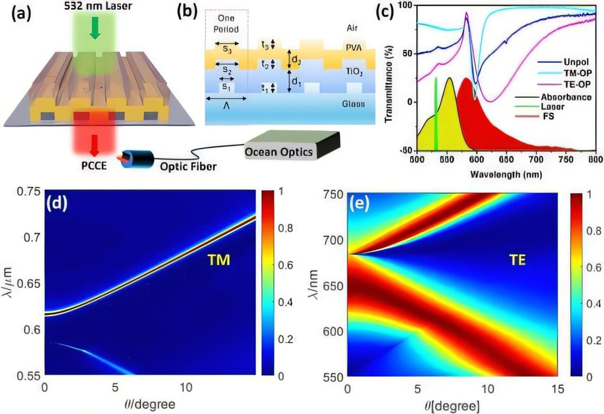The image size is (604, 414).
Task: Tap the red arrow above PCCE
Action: [94, 146]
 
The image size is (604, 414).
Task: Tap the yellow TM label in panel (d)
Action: [218, 259]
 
